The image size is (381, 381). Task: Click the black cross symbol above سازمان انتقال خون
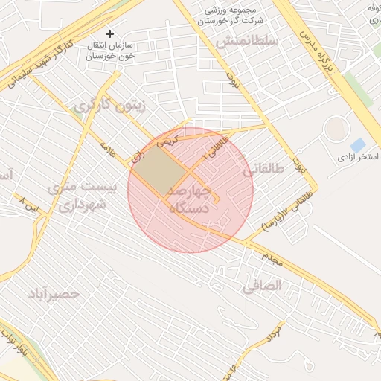coord(110,33)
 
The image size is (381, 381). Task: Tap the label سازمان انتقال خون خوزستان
coord(109,51)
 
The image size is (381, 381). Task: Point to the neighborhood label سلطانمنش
coord(246,42)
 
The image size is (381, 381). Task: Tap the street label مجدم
coord(272,258)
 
